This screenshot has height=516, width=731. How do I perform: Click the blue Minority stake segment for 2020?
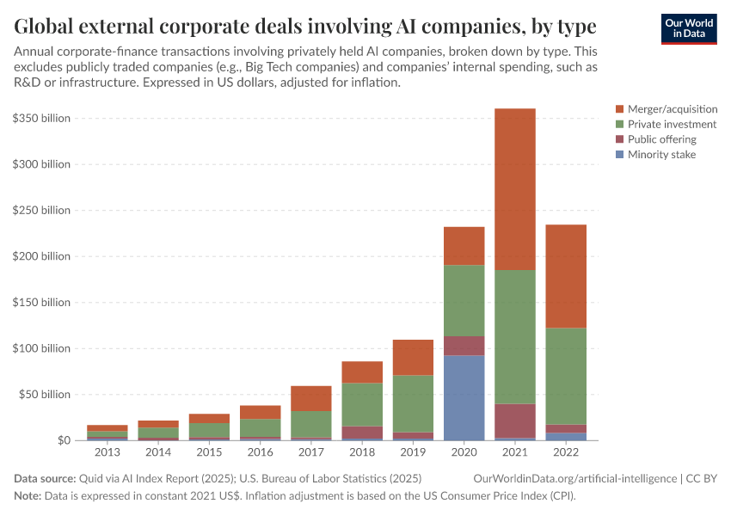(x=464, y=397)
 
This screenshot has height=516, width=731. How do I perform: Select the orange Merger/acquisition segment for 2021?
(x=514, y=189)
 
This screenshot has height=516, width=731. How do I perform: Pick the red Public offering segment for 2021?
(x=514, y=421)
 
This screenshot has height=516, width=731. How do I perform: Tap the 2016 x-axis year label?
(x=261, y=452)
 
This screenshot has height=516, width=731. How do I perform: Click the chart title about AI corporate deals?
(x=305, y=25)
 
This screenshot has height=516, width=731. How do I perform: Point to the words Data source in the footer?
(x=44, y=477)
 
